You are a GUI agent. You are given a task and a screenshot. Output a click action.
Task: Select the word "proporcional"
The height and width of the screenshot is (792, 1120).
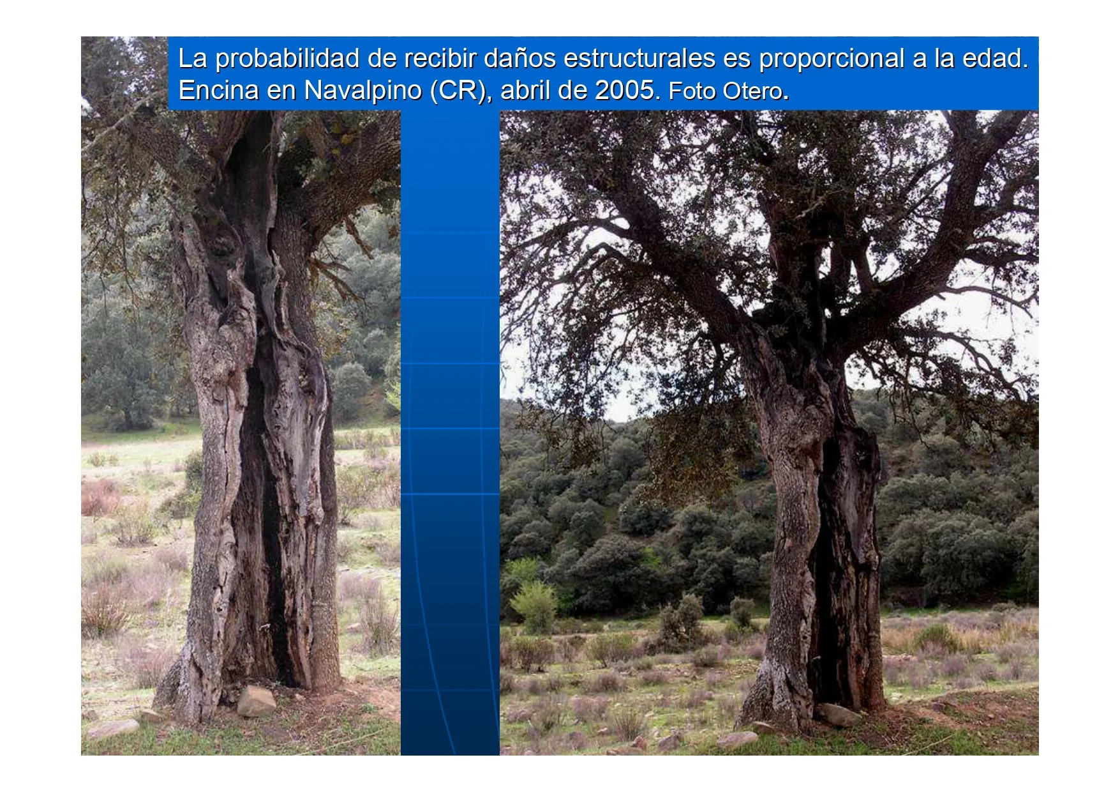coord(832,59)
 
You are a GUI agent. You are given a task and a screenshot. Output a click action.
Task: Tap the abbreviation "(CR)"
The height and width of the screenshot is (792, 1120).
coord(458,91)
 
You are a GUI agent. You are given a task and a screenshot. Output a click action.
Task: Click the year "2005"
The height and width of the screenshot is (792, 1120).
coord(625,90)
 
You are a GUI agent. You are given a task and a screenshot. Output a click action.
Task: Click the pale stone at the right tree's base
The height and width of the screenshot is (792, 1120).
coord(838,715)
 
